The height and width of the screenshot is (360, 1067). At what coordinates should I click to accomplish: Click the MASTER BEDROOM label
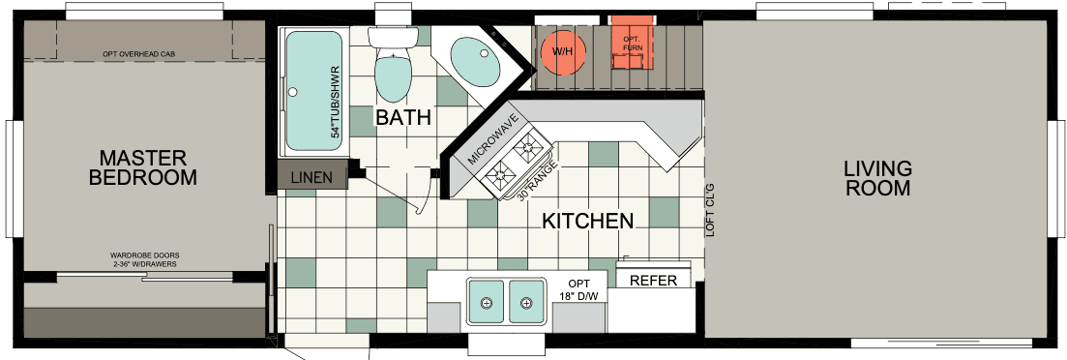pyautogui.click(x=142, y=167)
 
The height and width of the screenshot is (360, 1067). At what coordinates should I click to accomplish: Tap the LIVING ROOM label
pyautogui.click(x=877, y=178)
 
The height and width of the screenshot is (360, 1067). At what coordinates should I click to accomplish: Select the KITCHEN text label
pyautogui.click(x=587, y=221)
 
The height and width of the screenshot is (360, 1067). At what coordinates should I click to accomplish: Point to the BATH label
pyautogui.click(x=402, y=118)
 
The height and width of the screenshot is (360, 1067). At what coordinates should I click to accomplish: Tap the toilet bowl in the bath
pyautogui.click(x=393, y=77)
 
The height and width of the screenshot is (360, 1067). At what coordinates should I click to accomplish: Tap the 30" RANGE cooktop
pyautogui.click(x=516, y=164)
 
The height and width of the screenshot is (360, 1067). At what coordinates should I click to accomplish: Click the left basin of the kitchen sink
pyautogui.click(x=487, y=301)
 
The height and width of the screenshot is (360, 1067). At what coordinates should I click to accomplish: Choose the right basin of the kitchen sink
pyautogui.click(x=525, y=301)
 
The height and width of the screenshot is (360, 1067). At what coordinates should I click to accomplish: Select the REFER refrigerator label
pyautogui.click(x=653, y=281)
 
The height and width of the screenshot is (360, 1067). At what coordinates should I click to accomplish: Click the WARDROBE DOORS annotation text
pyautogui.click(x=144, y=256)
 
